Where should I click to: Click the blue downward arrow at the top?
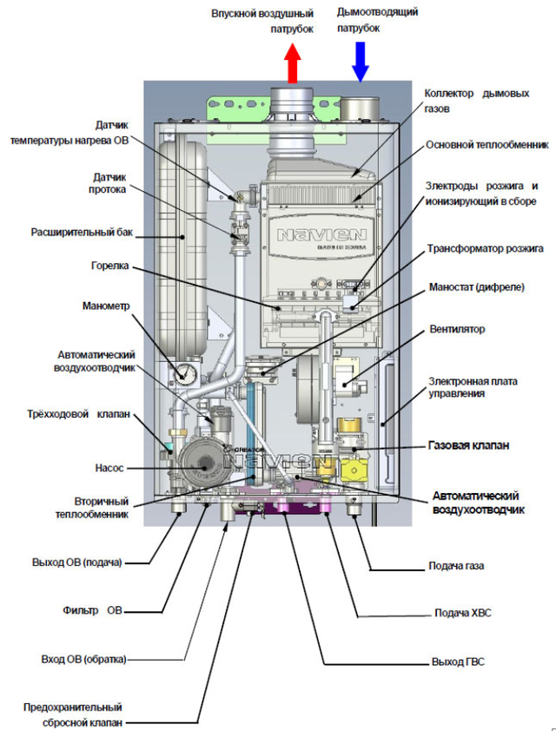(x=360, y=62)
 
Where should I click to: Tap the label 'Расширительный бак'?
(x=82, y=232)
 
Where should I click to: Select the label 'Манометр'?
(x=106, y=306)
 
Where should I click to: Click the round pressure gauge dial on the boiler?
(x=185, y=372)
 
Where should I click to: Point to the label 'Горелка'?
(x=110, y=267)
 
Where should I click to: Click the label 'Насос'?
(x=109, y=468)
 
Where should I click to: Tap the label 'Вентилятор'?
(x=457, y=329)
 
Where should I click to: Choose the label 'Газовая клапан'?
(x=468, y=445)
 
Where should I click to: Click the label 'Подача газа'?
(x=456, y=566)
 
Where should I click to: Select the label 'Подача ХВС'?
(x=463, y=613)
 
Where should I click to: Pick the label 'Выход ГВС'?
(x=458, y=662)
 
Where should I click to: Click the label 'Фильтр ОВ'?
(x=92, y=610)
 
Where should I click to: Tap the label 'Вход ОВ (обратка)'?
(x=83, y=660)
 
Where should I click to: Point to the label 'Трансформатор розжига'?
(x=485, y=248)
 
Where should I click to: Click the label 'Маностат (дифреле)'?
(x=477, y=286)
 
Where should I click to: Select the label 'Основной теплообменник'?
(x=487, y=145)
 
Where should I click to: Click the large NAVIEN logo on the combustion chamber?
(x=321, y=234)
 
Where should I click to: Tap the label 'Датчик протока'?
(x=109, y=184)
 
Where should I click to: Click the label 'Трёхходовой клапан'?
(x=78, y=414)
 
